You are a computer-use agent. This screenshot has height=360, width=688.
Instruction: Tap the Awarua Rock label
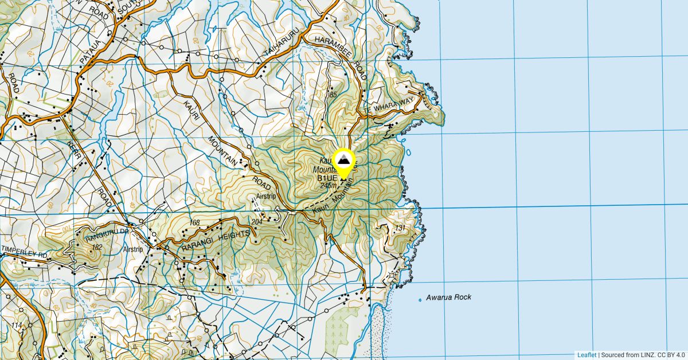click(448, 297)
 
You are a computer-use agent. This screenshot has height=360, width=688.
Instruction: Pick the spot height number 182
click(97, 247)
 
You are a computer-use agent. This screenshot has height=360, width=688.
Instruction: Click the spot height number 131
click(400, 229)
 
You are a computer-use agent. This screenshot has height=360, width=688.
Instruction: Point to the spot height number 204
click(257, 221)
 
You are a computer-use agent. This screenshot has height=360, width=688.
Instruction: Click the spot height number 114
click(15, 326)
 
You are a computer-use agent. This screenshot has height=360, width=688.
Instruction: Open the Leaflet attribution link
click(586, 355)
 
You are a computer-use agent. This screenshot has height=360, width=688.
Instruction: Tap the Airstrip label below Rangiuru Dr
click(132, 250)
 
